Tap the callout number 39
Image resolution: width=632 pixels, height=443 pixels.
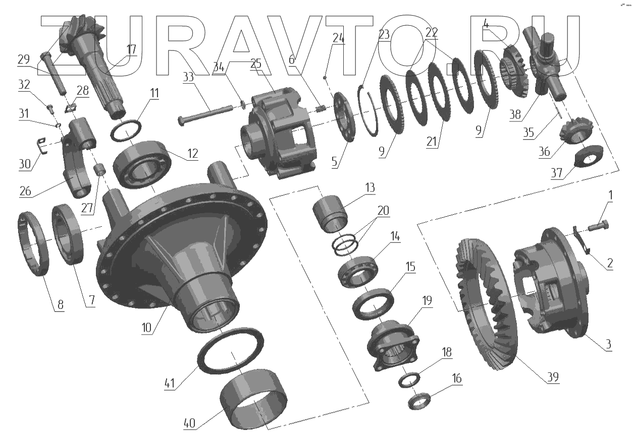pyautogui.click(x=553, y=377)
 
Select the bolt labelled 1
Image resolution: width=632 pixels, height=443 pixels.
pyautogui.click(x=598, y=226)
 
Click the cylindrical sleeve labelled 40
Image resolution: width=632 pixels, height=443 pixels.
pyautogui.click(x=253, y=399)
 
